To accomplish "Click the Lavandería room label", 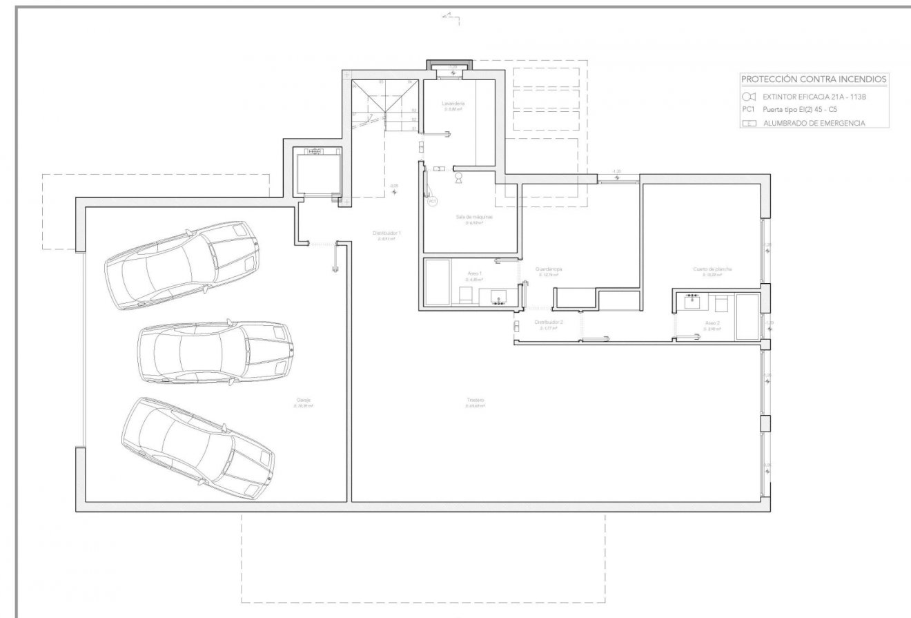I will tap(453, 104).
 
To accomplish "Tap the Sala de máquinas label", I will tap(473, 216).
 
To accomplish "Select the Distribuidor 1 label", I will tap(386, 233).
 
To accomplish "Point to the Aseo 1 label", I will tap(473, 273).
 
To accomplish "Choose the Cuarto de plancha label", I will tap(712, 269).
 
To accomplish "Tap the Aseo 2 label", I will tap(712, 323).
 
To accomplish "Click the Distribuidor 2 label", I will tap(549, 322).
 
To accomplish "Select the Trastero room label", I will tap(475, 400).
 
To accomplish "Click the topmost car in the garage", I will tap(182, 265).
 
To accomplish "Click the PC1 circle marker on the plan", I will tap(433, 202).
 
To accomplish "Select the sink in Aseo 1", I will tap(498, 297).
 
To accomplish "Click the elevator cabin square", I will tap(317, 173).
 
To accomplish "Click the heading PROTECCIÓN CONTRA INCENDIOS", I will tap(813, 79).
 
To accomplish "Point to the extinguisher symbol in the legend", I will tap(750, 97).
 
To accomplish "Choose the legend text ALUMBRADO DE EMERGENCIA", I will tap(814, 124).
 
